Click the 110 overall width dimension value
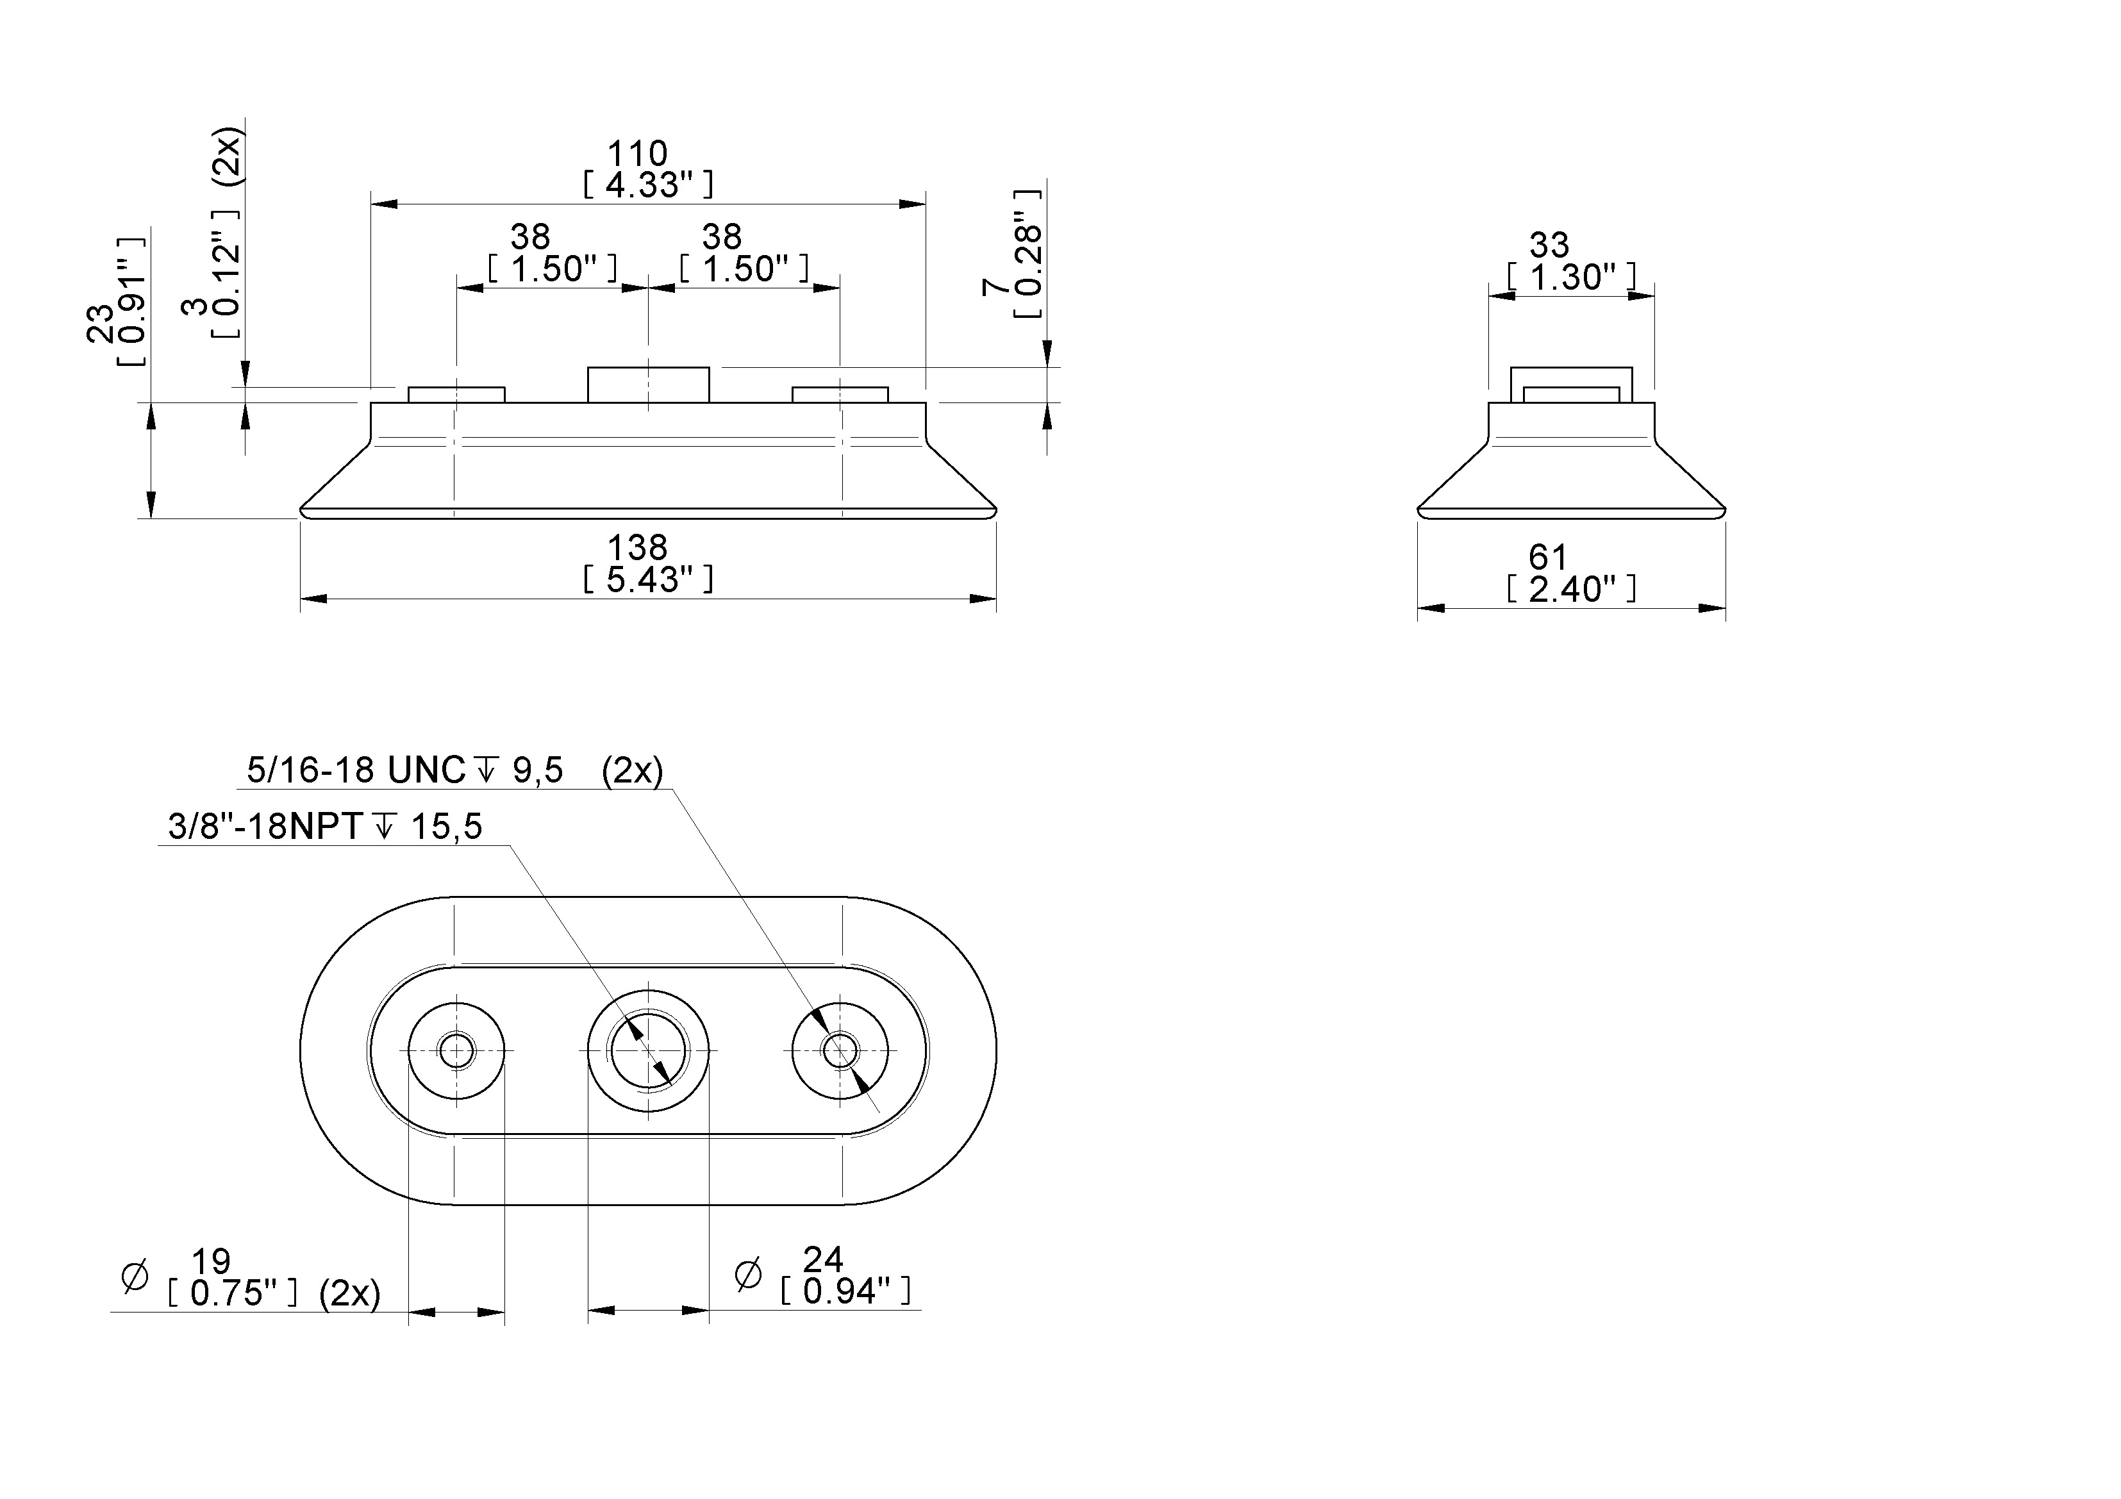pyautogui.click(x=636, y=153)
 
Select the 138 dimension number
pyautogui.click(x=636, y=548)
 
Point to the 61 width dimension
pyautogui.click(x=1548, y=557)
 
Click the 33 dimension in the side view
pyautogui.click(x=1549, y=245)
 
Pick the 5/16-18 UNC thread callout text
pyautogui.click(x=356, y=769)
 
